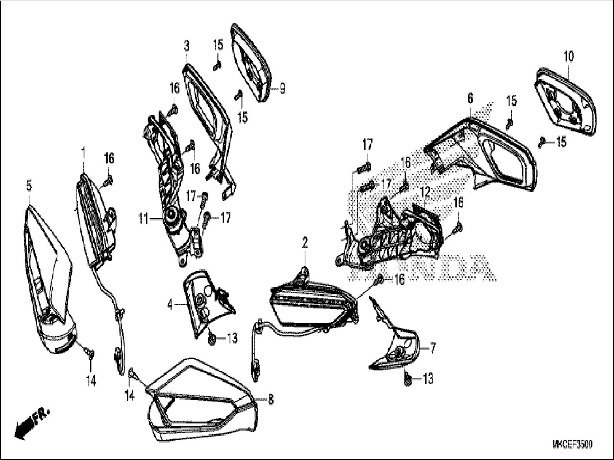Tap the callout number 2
305,243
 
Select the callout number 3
186,46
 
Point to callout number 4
170,305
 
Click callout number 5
29,186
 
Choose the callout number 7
433,348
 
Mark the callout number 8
271,399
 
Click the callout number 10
569,57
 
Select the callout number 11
144,219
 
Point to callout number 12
425,193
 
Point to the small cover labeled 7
398,344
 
